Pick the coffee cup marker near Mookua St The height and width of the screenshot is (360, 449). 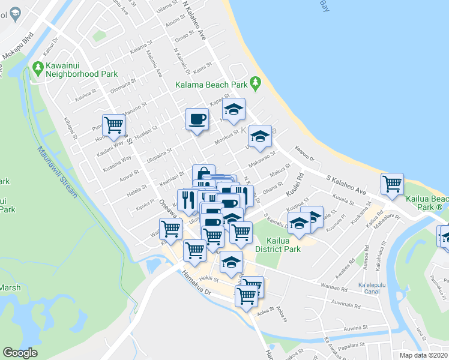click(x=197, y=118)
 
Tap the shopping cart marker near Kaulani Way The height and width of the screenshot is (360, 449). click(x=113, y=125)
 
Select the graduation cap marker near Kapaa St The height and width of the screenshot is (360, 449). click(x=234, y=109)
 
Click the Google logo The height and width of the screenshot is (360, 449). click(x=20, y=353)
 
